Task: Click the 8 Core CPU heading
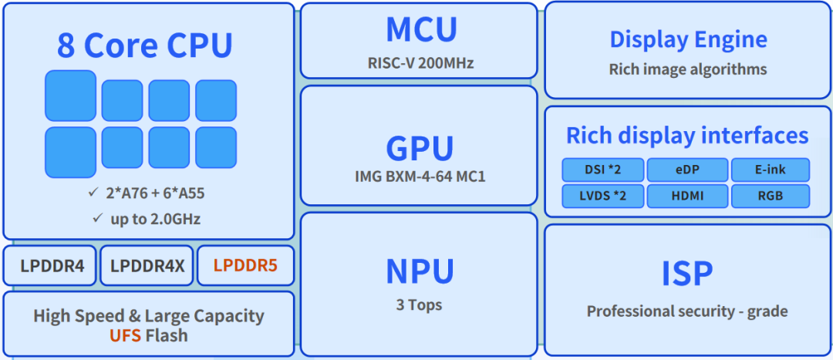(x=144, y=45)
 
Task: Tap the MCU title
(x=421, y=30)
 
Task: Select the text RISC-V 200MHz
(x=420, y=62)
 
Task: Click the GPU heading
(x=420, y=148)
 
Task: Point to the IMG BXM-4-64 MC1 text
(x=420, y=177)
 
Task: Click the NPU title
(x=420, y=271)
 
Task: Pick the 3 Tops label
(x=419, y=304)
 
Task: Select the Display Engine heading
(x=688, y=39)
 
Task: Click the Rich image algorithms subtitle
(x=688, y=69)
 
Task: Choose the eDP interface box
(x=686, y=170)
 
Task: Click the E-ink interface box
(x=770, y=170)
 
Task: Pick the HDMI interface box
(x=686, y=196)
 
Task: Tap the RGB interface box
(x=770, y=196)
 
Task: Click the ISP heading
(x=686, y=274)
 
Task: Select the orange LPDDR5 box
(x=245, y=265)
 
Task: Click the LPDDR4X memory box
(x=147, y=265)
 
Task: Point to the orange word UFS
(x=124, y=335)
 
